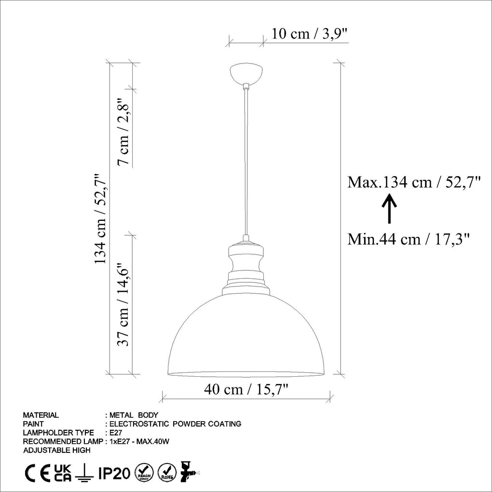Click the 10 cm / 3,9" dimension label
[309, 34]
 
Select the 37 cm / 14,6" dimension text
[124, 306]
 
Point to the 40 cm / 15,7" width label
[246, 389]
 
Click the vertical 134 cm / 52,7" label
[100, 219]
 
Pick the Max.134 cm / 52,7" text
[414, 182]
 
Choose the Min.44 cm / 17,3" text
[409, 239]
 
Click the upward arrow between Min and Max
[389, 209]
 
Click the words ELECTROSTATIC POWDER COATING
[176, 424]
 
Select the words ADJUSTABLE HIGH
[56, 450]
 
